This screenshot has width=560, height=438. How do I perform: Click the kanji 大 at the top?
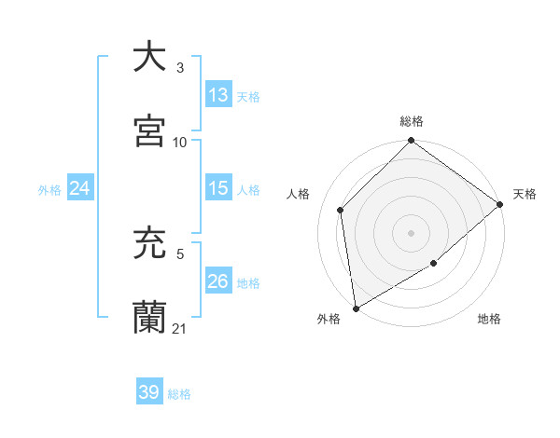(x=149, y=56)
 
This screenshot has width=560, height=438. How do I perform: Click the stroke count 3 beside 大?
(x=180, y=67)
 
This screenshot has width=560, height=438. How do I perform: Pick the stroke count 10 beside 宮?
(x=180, y=142)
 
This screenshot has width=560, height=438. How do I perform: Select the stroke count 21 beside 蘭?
(x=180, y=328)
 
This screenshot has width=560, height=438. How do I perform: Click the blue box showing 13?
(x=217, y=95)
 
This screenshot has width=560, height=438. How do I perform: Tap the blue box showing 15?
(x=217, y=188)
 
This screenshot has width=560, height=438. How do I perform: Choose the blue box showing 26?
(x=217, y=281)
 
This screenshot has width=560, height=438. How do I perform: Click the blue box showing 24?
(x=79, y=188)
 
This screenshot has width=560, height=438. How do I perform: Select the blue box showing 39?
(x=149, y=392)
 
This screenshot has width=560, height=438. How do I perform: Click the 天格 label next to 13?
(x=248, y=96)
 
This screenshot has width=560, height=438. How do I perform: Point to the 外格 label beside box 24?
(x=49, y=189)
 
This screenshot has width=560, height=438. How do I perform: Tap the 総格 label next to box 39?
(x=179, y=393)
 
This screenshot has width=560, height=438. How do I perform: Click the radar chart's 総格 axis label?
(x=412, y=121)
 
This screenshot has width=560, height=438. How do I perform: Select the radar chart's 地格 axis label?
(x=489, y=320)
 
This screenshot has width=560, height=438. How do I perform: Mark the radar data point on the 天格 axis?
(x=499, y=205)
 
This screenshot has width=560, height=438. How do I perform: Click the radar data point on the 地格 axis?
(x=434, y=264)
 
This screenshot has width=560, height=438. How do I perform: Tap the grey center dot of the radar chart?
(x=412, y=233)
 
